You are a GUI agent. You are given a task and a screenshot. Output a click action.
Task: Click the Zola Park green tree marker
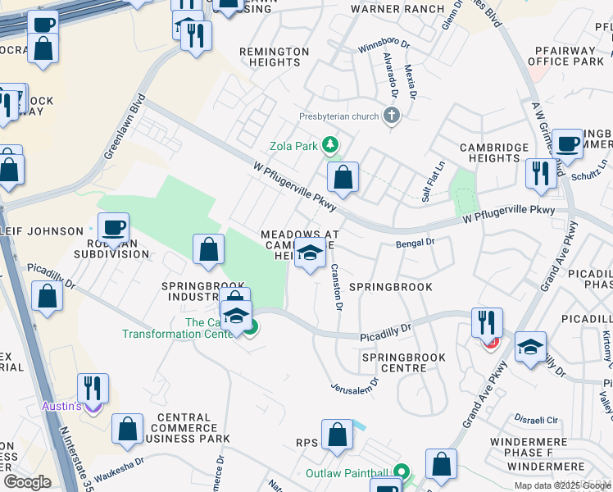point(330,146)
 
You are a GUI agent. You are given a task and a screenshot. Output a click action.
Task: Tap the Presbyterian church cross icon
point(391,116)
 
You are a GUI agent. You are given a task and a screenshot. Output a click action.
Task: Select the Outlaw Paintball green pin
point(401,473)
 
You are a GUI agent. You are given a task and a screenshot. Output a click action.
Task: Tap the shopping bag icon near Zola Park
point(343,177)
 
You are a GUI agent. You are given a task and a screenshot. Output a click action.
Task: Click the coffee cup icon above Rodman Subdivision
point(113,227)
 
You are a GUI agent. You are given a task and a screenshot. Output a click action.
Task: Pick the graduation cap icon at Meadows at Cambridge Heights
point(310,256)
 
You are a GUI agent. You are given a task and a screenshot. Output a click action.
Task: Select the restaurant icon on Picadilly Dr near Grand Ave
point(488,323)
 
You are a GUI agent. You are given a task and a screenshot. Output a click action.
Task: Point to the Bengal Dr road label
point(414,243)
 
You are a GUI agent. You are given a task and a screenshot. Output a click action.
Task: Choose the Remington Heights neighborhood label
point(274,57)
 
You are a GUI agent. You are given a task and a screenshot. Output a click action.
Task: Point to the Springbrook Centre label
point(403,363)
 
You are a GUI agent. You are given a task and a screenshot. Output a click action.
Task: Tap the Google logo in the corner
point(27,482)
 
